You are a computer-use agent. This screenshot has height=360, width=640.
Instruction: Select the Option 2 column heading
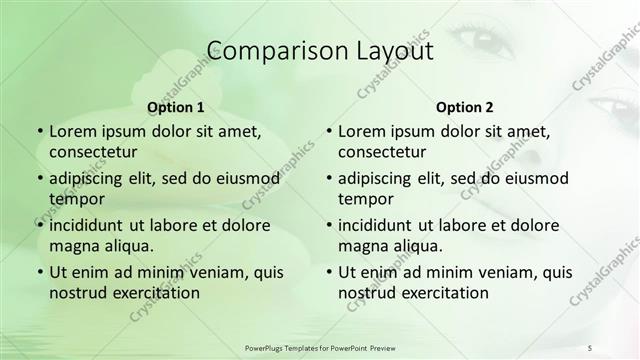pyautogui.click(x=464, y=107)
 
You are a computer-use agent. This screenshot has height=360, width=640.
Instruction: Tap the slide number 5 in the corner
pyautogui.click(x=590, y=347)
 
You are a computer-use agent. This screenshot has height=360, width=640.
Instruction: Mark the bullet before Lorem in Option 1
pyautogui.click(x=39, y=131)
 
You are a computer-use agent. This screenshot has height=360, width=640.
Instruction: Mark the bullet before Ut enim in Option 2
pyautogui.click(x=328, y=272)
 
